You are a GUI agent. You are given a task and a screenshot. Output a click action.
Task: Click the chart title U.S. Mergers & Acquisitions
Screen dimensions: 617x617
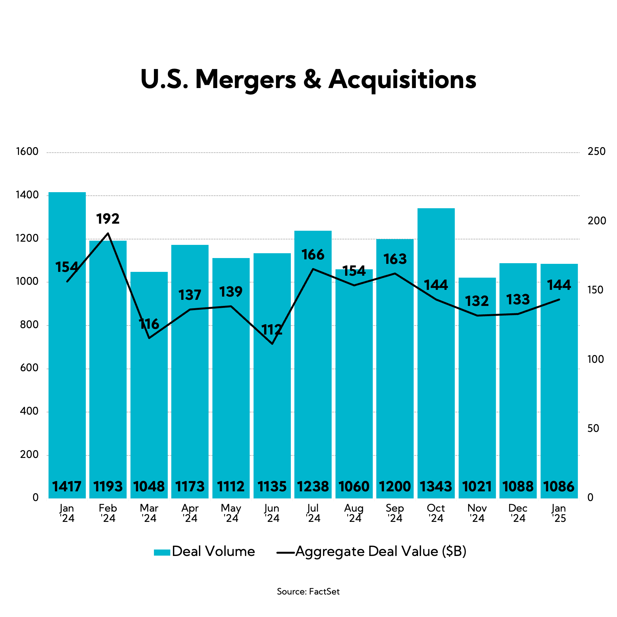click(308, 79)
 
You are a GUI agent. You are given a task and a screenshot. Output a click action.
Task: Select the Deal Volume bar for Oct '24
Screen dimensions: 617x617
click(436, 353)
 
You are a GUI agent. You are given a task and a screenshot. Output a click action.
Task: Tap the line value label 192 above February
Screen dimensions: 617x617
click(108, 219)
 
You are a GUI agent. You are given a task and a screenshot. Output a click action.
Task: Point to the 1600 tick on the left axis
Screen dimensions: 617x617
click(27, 152)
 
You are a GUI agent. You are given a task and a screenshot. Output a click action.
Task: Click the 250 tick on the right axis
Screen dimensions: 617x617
click(596, 151)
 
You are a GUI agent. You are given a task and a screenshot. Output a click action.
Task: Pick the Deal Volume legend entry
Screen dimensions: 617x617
click(204, 551)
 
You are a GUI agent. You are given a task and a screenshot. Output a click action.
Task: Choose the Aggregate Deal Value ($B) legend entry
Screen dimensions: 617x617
click(371, 551)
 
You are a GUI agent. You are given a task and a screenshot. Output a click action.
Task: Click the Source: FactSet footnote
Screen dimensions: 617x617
click(308, 592)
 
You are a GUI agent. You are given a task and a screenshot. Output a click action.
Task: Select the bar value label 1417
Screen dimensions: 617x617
click(67, 487)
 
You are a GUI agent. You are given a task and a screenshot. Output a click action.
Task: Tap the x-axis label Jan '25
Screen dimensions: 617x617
click(559, 513)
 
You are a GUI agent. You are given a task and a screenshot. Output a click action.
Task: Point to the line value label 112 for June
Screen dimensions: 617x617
click(272, 330)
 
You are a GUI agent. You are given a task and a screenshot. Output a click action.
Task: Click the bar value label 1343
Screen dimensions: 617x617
click(436, 487)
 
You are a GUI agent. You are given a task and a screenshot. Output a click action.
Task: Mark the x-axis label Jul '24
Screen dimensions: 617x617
click(313, 513)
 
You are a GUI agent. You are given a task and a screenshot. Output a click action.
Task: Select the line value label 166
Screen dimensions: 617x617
click(313, 255)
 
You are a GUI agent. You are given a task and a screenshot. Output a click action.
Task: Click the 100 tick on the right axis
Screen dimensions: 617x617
click(595, 359)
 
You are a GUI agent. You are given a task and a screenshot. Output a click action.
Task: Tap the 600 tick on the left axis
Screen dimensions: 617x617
click(29, 368)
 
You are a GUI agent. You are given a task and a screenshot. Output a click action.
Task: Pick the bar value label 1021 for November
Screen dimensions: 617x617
click(477, 487)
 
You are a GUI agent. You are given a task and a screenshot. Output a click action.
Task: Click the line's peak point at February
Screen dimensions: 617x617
click(108, 233)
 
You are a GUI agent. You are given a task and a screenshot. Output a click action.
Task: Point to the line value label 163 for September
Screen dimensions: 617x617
click(395, 259)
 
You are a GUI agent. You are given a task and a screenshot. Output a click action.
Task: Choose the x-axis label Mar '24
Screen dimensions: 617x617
click(149, 513)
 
